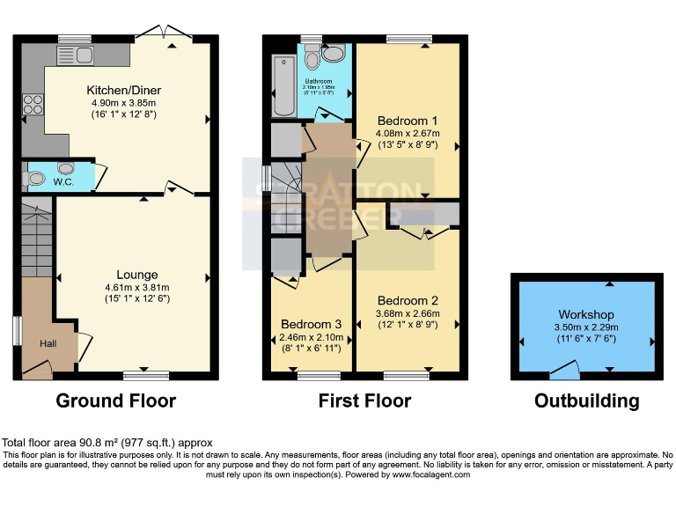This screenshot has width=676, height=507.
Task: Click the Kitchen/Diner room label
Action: (x=123, y=90)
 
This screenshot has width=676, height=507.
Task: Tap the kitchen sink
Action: (x=75, y=56)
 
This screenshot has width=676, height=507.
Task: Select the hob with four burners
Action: (x=33, y=107)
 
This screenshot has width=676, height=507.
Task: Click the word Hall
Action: (x=48, y=343)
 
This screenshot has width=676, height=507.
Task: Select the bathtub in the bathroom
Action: (x=284, y=86)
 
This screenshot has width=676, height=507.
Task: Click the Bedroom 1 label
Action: (x=408, y=121)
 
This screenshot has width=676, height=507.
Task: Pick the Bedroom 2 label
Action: (x=408, y=300)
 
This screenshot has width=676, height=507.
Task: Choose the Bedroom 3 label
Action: (x=311, y=322)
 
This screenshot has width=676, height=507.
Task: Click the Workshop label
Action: (x=585, y=314)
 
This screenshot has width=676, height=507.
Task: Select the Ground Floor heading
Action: (x=115, y=401)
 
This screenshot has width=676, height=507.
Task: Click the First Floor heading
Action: (x=364, y=401)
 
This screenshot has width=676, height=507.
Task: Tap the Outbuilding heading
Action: (x=586, y=401)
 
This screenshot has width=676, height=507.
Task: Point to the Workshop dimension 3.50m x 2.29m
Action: (x=585, y=327)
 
